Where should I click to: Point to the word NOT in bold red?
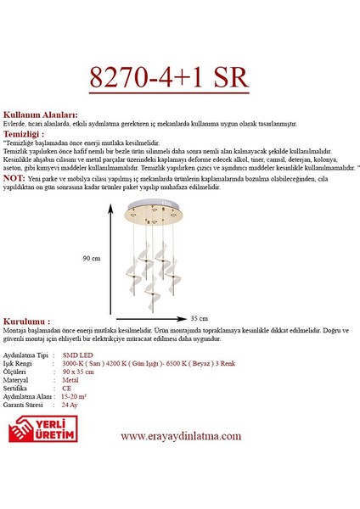click(x=15, y=179)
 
